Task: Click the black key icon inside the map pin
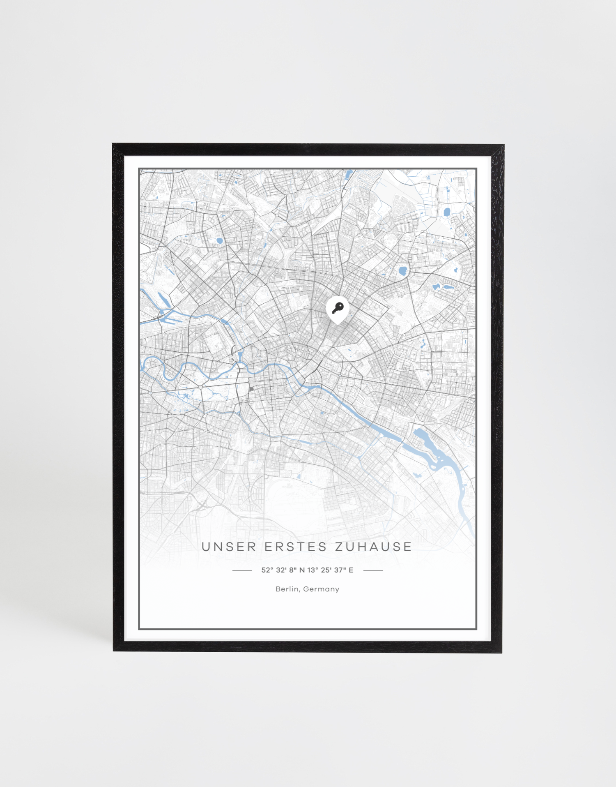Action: coord(338,308)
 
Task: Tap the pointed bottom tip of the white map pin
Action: coord(338,324)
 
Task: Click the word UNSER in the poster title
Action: coord(229,547)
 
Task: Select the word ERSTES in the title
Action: coord(296,547)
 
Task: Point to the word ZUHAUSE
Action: coord(373,547)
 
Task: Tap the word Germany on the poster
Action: coord(321,589)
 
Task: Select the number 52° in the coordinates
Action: coord(267,570)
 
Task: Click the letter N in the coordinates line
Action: coord(302,570)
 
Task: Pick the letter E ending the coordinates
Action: coord(351,570)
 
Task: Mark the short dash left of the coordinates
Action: coord(242,570)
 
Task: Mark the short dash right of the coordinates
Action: coord(373,570)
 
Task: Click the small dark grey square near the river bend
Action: coord(251,388)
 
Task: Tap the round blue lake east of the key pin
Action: coord(402,271)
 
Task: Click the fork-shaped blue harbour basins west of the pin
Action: coord(166,316)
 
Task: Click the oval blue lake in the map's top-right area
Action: coord(447,212)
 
